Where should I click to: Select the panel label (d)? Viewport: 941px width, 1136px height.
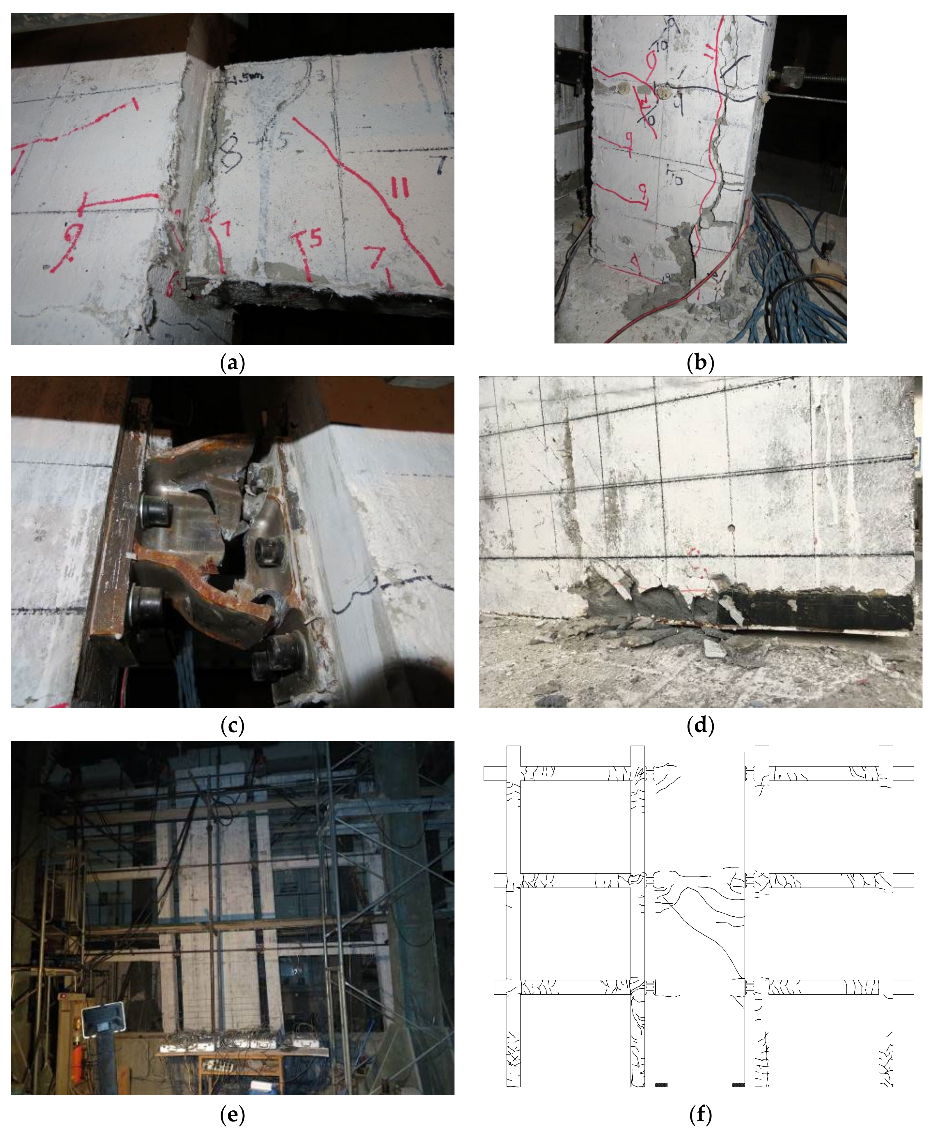(700, 726)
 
